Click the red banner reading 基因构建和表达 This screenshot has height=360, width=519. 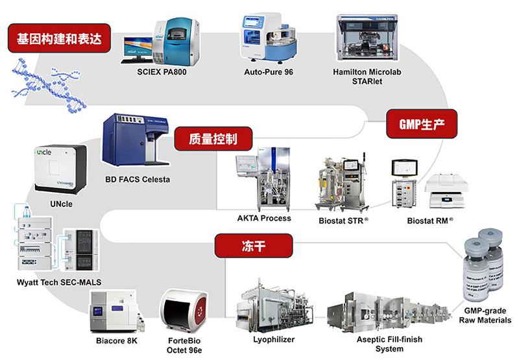coord(58,37)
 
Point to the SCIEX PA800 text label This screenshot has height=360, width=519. coord(162,71)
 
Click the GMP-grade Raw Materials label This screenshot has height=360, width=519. coord(485,316)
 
